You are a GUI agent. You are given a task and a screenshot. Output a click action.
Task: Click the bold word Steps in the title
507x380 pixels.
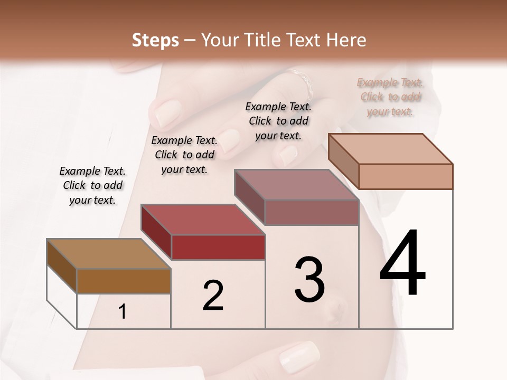pyautogui.click(x=155, y=40)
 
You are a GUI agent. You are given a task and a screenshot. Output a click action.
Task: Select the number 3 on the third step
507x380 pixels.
pyautogui.click(x=309, y=280)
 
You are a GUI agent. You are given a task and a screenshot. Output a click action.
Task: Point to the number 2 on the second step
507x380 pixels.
pyautogui.click(x=213, y=296)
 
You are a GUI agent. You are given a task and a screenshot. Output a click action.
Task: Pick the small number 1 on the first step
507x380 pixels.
pyautogui.click(x=123, y=312)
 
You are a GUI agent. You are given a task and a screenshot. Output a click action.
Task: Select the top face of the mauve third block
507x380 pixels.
pyautogui.click(x=296, y=185)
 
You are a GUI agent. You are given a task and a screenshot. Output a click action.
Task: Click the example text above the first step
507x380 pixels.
pyautogui.click(x=92, y=185)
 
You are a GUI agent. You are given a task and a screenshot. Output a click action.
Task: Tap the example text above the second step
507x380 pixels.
pyautogui.click(x=184, y=155)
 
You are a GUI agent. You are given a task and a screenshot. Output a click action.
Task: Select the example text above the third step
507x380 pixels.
pyautogui.click(x=278, y=121)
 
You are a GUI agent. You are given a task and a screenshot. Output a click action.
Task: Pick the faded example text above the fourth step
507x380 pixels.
pyautogui.click(x=390, y=97)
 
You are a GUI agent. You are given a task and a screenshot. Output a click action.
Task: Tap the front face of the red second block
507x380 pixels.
pyautogui.click(x=218, y=247)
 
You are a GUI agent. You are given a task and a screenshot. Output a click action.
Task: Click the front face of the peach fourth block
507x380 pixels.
pyautogui.click(x=406, y=176)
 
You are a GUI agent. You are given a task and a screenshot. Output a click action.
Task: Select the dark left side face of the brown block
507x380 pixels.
pyautogui.click(x=62, y=267)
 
